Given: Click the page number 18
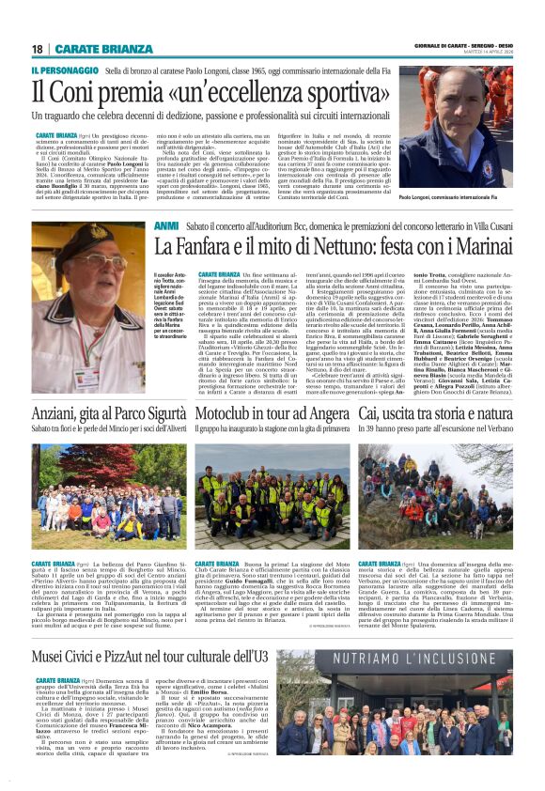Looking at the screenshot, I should click(x=38, y=48).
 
